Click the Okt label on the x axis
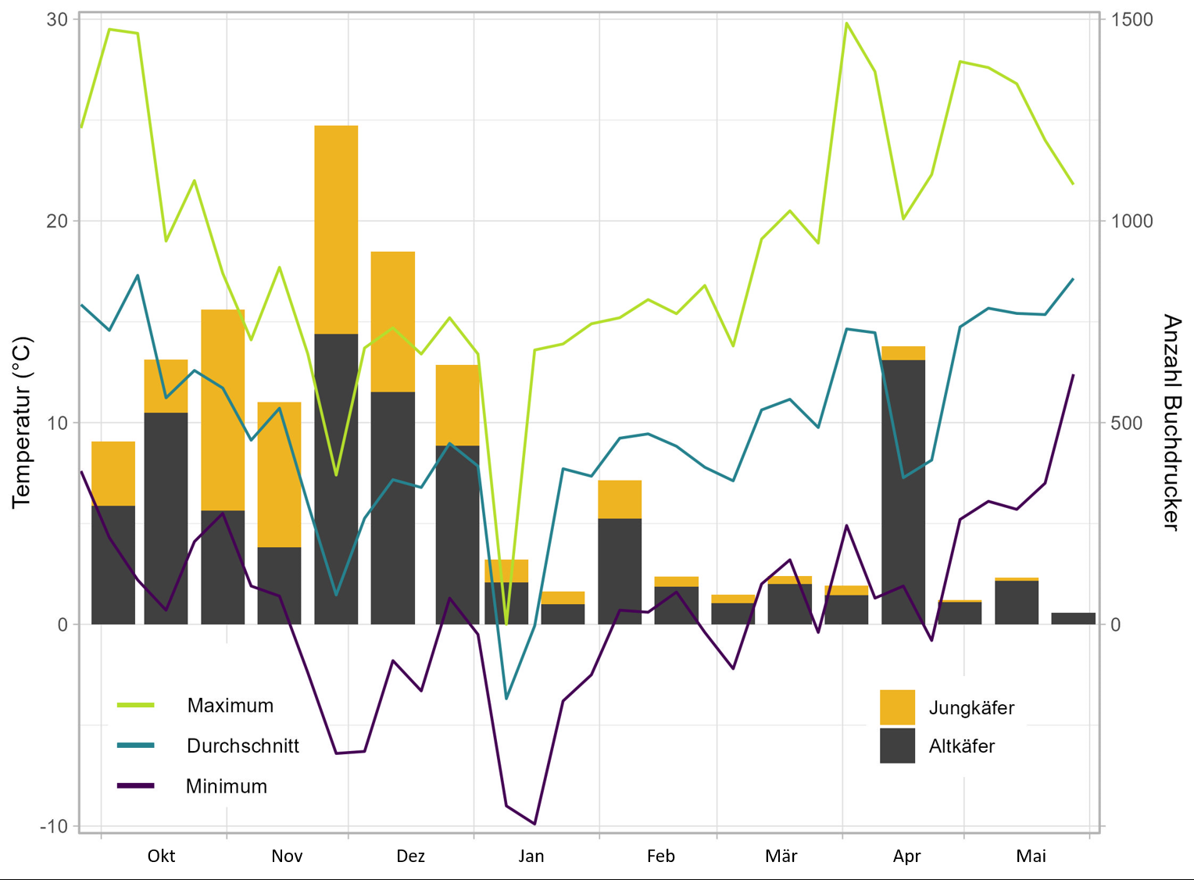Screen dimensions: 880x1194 [161, 856]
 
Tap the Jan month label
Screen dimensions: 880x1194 [531, 856]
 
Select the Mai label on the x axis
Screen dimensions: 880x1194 [1031, 856]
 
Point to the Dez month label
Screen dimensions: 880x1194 [410, 856]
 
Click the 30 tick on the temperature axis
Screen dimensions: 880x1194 [57, 20]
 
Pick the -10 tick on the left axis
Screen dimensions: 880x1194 [53, 826]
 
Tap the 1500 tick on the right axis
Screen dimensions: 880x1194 [1131, 20]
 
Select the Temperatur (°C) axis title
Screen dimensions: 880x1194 [22, 422]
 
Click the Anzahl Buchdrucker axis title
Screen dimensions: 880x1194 [1171, 422]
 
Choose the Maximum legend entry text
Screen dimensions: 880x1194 [231, 706]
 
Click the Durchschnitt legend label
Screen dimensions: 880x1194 [243, 746]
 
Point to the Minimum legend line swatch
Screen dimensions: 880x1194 [135, 785]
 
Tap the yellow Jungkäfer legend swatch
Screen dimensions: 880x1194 [897, 707]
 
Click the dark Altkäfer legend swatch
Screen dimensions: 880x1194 [897, 746]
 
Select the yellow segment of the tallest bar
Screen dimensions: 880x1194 [336, 230]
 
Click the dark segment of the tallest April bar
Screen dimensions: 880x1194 [903, 492]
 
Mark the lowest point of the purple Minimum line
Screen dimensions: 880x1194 [534, 824]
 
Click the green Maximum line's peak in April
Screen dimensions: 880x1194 [846, 23]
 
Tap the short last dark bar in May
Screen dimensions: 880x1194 [1073, 618]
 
